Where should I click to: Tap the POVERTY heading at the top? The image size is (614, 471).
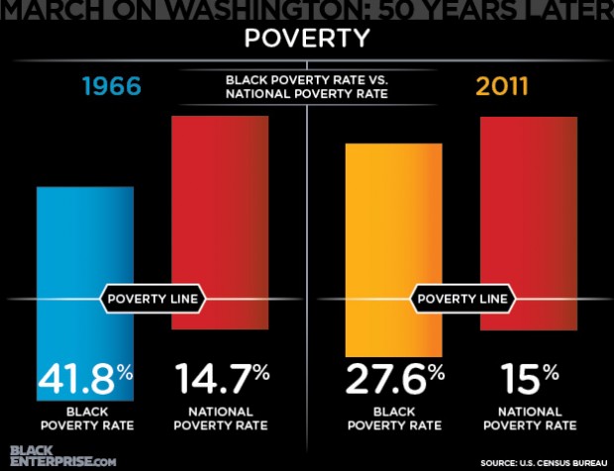point(307,41)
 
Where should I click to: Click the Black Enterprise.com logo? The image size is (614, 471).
point(60,454)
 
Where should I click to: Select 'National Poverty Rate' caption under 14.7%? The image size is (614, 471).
point(221,419)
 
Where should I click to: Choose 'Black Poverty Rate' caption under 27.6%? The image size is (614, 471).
point(394,419)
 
